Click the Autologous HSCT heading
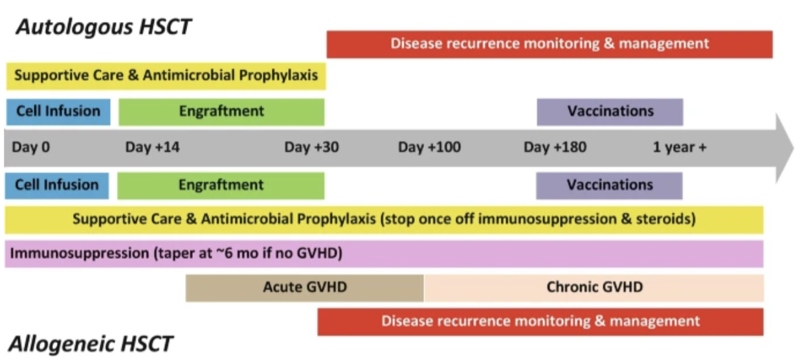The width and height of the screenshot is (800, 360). click(104, 27)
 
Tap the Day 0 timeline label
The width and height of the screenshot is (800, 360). click(30, 148)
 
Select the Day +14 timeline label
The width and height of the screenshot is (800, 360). click(152, 148)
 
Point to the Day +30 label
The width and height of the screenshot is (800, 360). click(311, 148)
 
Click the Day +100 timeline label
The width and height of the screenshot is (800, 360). click(429, 148)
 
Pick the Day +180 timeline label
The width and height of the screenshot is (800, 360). click(555, 148)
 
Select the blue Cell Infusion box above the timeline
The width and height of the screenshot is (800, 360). click(58, 111)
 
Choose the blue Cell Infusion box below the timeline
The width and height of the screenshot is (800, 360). click(57, 185)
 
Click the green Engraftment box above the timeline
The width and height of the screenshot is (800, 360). click(221, 111)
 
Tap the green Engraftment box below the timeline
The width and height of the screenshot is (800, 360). click(221, 185)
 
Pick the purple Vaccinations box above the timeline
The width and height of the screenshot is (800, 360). click(610, 111)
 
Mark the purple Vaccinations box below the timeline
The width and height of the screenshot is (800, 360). click(609, 185)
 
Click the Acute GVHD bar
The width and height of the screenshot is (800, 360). click(305, 287)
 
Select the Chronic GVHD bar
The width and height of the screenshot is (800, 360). click(594, 287)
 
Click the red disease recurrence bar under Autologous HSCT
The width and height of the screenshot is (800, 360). click(550, 44)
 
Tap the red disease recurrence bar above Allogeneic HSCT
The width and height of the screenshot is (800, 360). click(540, 322)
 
